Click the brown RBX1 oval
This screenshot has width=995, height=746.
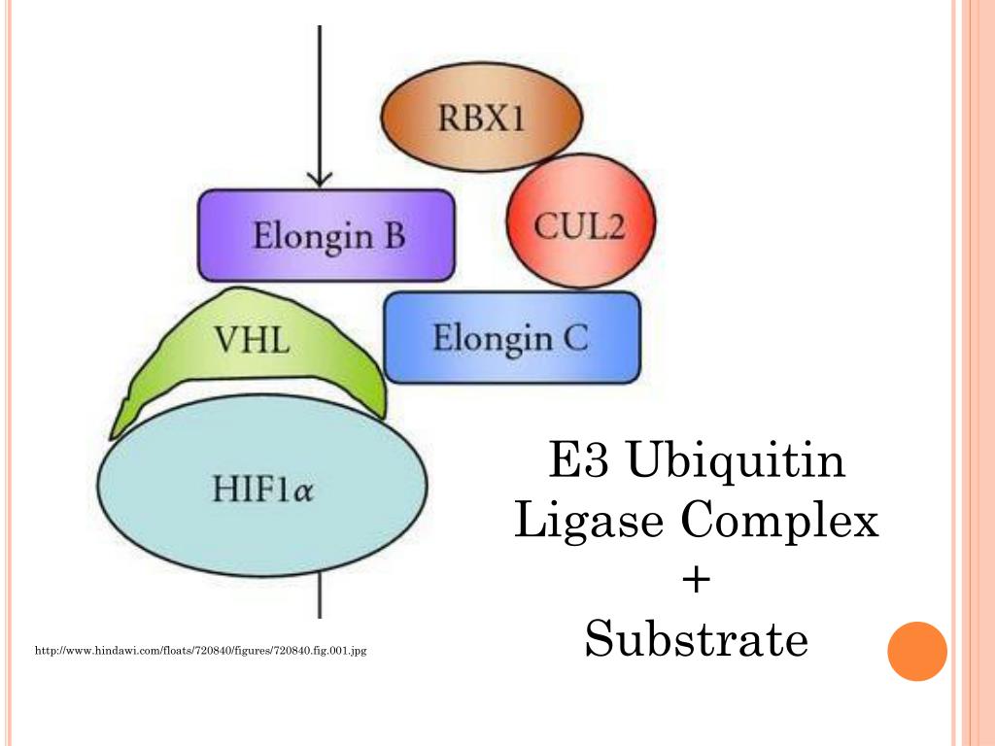pos(481,119)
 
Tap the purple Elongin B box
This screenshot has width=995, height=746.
pos(327,236)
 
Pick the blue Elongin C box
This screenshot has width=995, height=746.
pos(512,338)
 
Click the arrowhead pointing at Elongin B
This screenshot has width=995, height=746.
pos(320,178)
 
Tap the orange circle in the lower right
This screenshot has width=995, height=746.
pos(916,651)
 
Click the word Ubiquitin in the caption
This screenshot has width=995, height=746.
pos(736,460)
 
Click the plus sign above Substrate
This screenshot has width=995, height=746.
pos(697,581)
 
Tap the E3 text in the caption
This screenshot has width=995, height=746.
pos(577,460)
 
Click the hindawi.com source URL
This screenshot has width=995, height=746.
pos(200,650)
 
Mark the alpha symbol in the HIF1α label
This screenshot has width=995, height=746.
pos(303,492)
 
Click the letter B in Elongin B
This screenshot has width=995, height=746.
pos(393,236)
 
